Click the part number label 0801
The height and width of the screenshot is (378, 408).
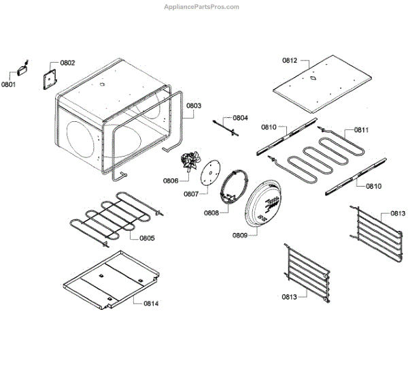pos(8,84)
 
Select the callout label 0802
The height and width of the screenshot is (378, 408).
pos(67,63)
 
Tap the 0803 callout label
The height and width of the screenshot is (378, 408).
pos(194,106)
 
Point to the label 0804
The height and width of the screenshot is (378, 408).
pos(241,117)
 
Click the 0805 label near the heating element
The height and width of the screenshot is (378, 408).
pos(147,238)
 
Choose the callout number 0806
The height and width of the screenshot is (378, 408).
pos(170,180)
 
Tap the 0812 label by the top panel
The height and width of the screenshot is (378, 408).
pos(290,60)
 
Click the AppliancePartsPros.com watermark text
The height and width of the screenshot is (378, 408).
pos(202,6)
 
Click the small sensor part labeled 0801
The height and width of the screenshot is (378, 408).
pos(22,68)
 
